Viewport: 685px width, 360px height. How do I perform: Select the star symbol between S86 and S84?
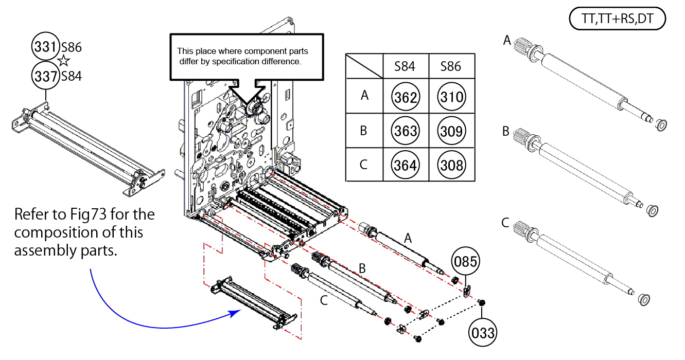coord(64,62)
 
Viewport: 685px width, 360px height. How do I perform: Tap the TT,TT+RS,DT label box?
coord(618,20)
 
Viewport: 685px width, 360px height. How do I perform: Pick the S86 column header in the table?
coord(451,66)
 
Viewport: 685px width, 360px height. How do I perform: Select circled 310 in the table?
coord(451,97)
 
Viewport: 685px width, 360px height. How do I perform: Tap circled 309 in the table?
coord(451,131)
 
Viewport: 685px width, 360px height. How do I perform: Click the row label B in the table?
coord(364,131)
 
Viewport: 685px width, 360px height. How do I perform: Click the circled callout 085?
coord(465,261)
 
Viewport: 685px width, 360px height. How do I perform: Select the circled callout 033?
coord(483,333)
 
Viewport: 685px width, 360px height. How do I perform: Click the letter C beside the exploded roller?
coord(323,300)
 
